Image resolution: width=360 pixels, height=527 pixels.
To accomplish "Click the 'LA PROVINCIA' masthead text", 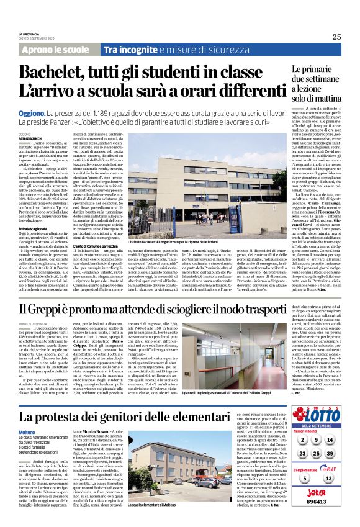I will (29, 34).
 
